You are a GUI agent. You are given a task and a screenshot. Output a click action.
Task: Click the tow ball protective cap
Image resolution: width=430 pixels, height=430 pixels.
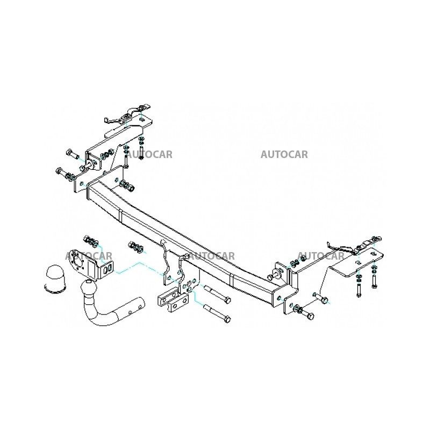point(54,278)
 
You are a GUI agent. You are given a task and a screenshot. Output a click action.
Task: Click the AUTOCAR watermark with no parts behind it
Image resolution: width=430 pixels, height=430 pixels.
point(284,155)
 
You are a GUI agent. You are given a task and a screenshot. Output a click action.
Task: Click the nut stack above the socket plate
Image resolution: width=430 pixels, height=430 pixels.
point(91,240)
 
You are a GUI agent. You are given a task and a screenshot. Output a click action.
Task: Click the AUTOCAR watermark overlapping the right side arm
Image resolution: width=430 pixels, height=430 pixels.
point(320,256)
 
